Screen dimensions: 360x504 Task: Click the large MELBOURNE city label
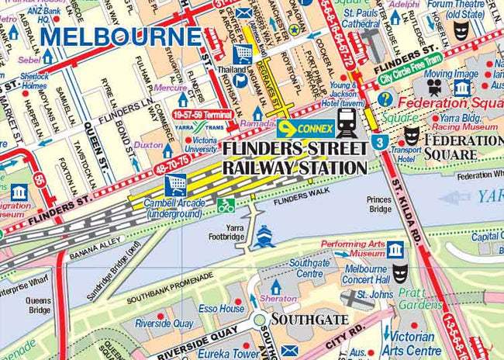[x=120, y=36]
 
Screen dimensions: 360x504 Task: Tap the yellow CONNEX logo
[x=306, y=127]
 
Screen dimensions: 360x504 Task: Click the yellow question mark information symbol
[x=385, y=99]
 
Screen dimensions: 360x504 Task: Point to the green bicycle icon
[x=226, y=206]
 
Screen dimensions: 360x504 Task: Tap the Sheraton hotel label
[x=278, y=299]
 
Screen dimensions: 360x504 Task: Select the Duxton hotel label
[x=147, y=145]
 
